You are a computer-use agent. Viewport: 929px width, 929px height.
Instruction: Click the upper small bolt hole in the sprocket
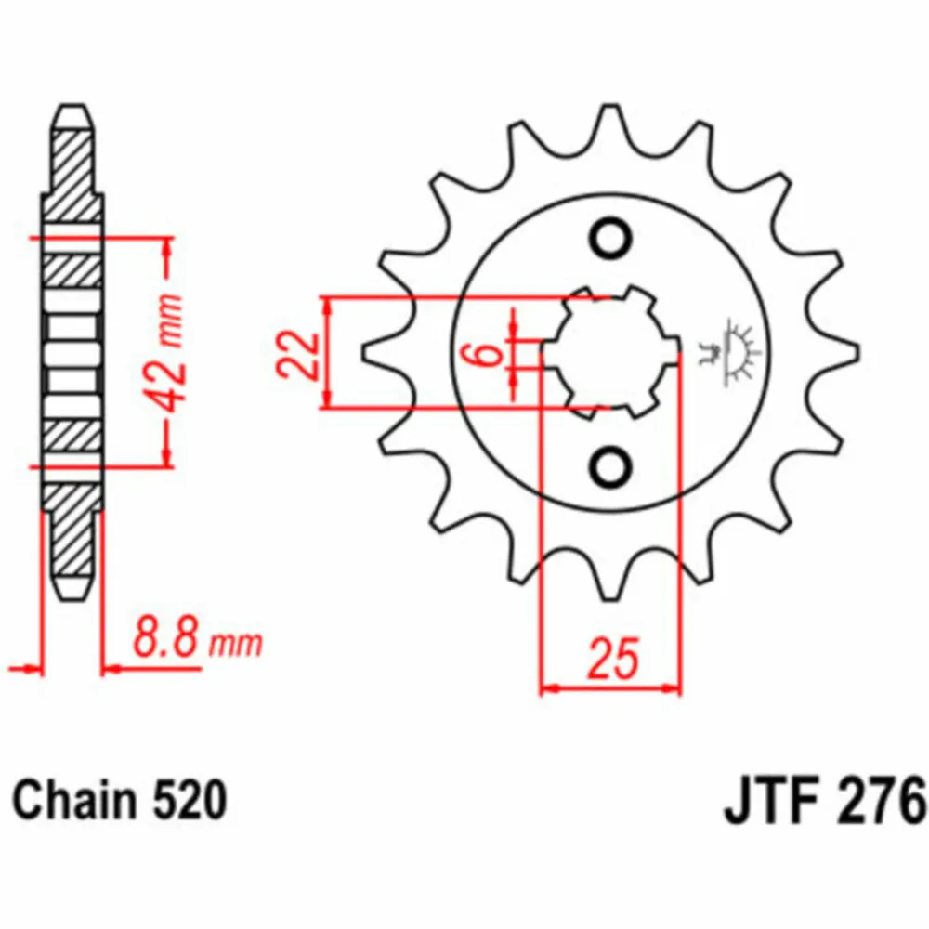coord(610,239)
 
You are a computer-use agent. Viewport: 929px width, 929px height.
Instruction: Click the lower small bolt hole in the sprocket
coord(610,468)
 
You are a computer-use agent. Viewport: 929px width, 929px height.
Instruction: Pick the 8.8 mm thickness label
coord(197,638)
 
